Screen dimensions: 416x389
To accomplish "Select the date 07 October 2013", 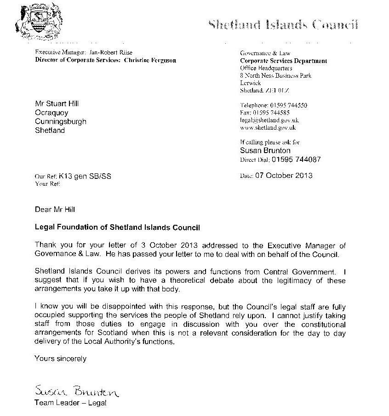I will (x=284, y=176).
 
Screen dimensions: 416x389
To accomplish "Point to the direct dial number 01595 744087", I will (x=296, y=160).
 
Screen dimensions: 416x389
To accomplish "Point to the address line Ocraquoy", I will (x=51, y=113).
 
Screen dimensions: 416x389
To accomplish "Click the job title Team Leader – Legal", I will (x=70, y=403).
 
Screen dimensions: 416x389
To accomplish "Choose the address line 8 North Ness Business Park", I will (x=275, y=75).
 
